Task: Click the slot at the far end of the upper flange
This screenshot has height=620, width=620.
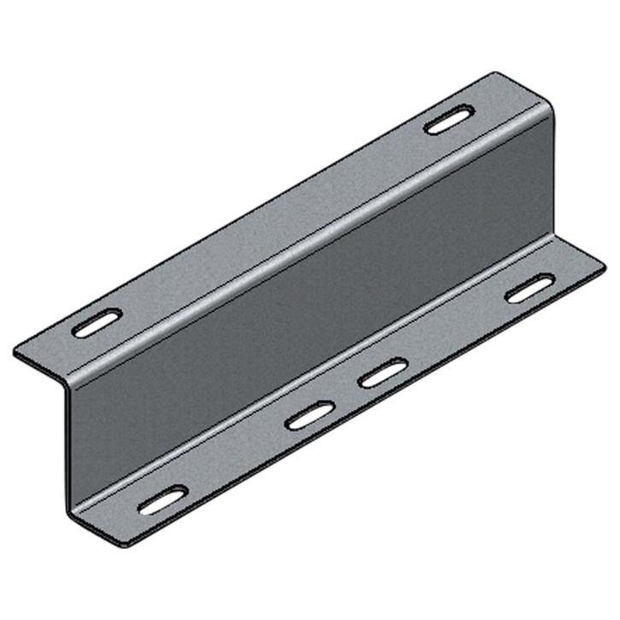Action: (x=450, y=120)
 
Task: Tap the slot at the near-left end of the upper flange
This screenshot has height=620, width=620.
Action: (x=97, y=325)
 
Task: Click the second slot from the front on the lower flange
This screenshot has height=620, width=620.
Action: (x=309, y=416)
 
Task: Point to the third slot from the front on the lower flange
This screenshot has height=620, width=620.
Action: (x=383, y=373)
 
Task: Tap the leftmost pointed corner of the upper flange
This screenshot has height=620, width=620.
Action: (x=15, y=351)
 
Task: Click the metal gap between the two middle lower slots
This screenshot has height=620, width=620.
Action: (x=346, y=395)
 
